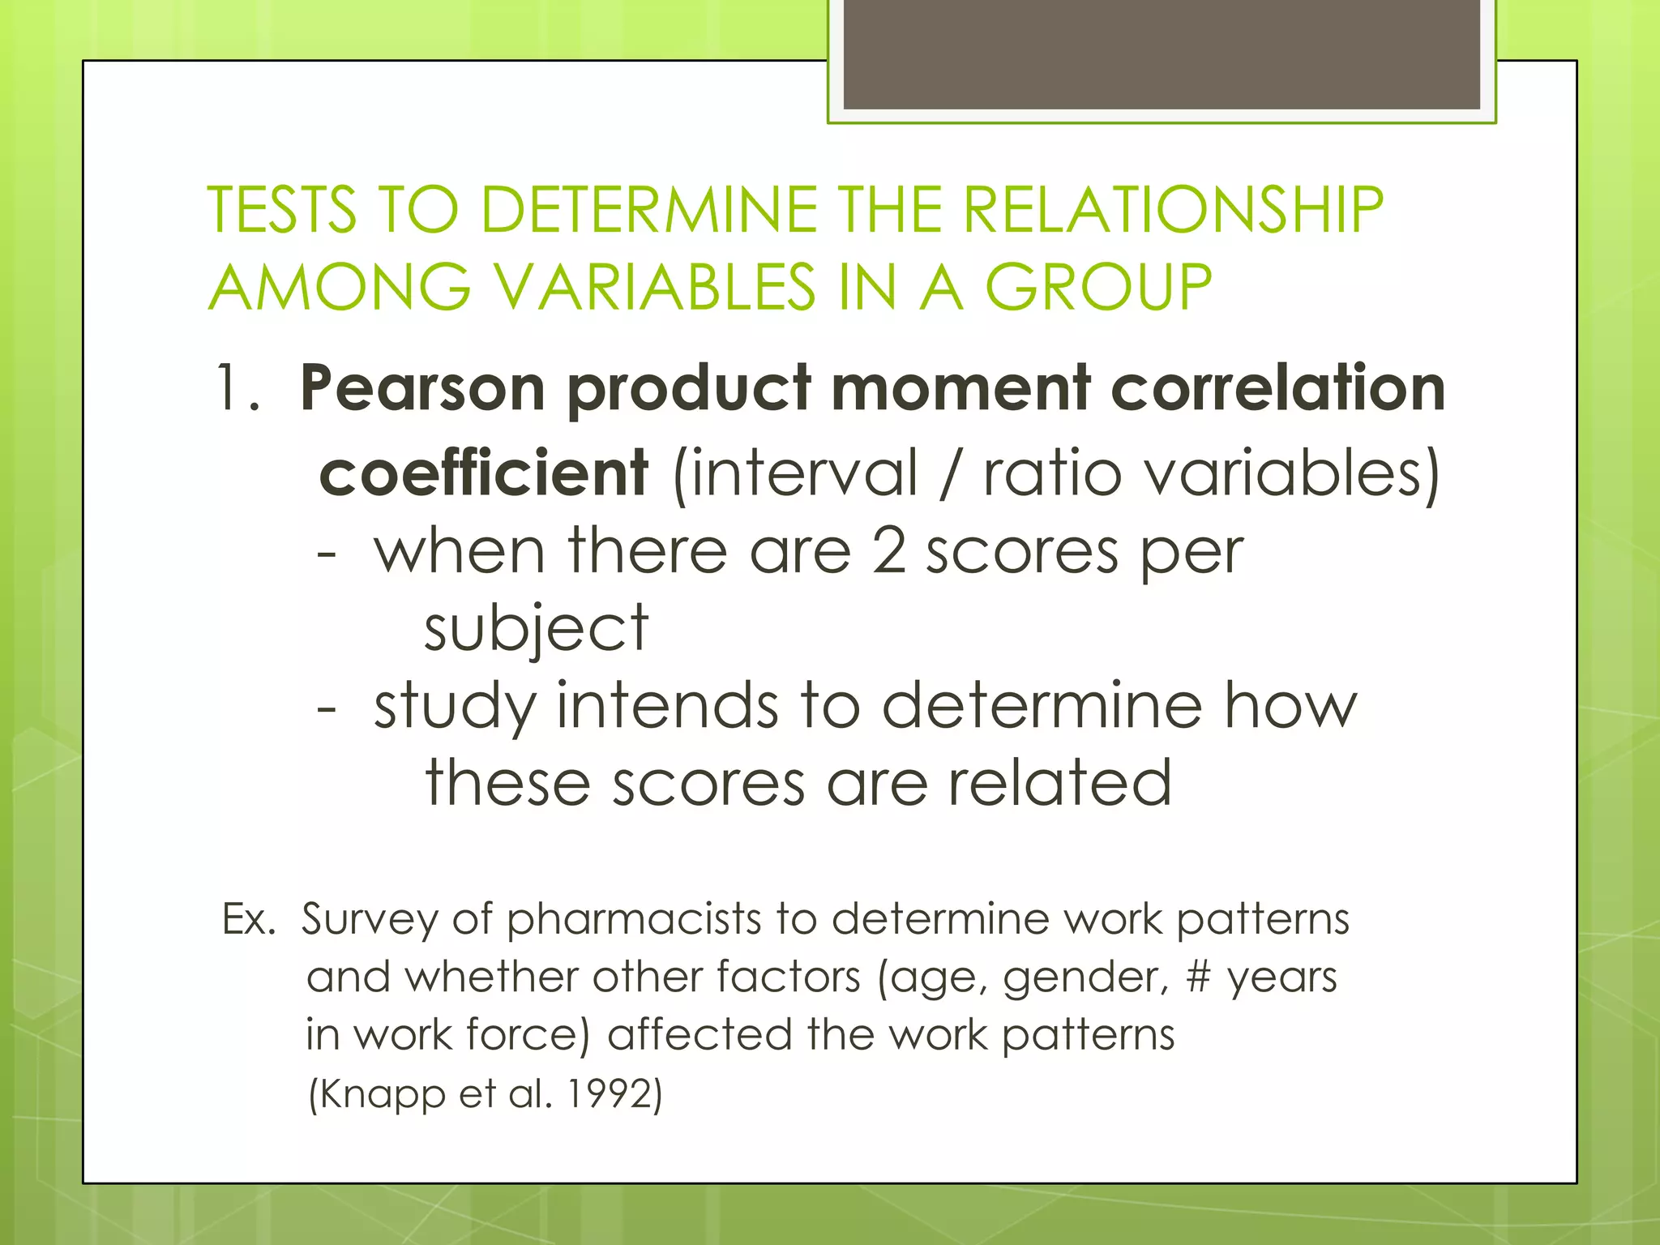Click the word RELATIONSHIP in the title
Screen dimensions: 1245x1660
tap(1173, 210)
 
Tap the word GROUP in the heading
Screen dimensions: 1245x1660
tap(1098, 287)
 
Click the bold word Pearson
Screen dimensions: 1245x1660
tap(421, 389)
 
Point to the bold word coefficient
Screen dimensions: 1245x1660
tap(484, 473)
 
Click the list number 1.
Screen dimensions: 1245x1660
tap(236, 389)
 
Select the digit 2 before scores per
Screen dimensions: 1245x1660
tap(888, 551)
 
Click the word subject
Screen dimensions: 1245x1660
tap(536, 629)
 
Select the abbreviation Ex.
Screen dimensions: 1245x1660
tap(249, 920)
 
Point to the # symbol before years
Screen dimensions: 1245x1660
tap(1197, 977)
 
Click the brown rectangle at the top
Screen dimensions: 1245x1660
tap(1162, 55)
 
